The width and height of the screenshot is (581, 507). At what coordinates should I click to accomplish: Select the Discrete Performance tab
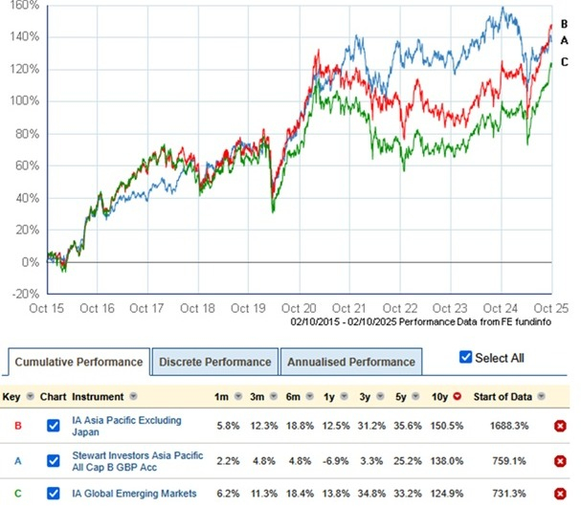coord(214,362)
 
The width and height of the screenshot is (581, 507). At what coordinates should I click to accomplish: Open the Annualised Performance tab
coord(353,362)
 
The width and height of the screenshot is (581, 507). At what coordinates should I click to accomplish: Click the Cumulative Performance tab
coord(78,362)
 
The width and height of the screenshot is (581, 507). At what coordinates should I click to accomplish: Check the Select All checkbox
coord(466,357)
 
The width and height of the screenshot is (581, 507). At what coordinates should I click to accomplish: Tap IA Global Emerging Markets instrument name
coord(134,494)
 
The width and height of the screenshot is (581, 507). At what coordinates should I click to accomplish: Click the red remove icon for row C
coord(560,494)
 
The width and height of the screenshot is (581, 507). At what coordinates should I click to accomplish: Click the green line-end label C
coord(565,62)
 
